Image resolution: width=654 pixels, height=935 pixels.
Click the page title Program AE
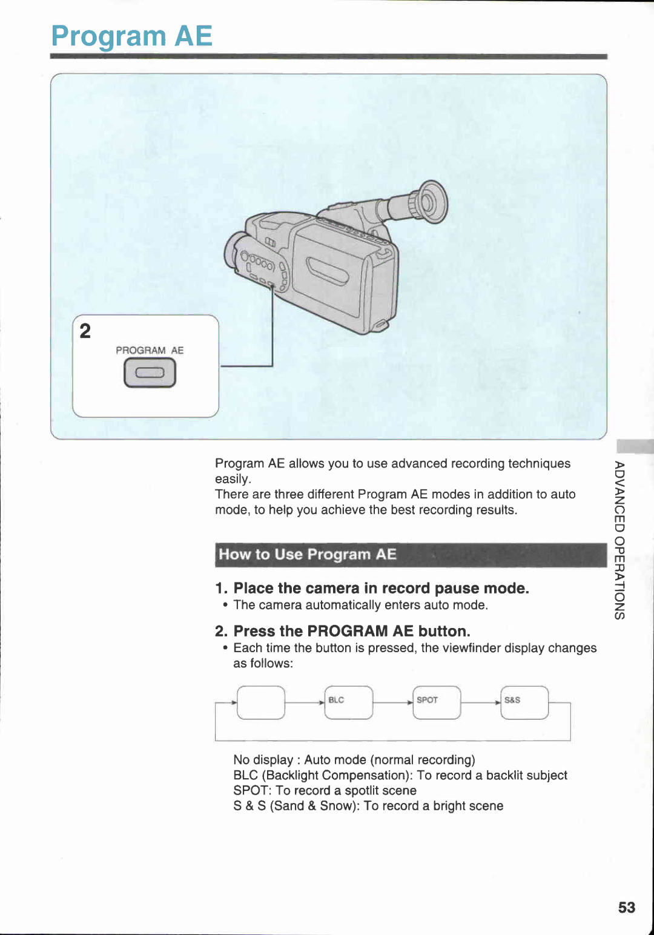tap(131, 36)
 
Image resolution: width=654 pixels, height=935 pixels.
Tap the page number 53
tap(626, 907)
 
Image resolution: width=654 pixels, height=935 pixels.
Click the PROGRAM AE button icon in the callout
tap(150, 373)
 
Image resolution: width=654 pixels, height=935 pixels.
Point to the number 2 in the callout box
tap(85, 331)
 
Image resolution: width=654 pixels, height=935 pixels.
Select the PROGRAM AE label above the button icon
tap(150, 351)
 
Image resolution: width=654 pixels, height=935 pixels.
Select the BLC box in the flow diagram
tap(349, 702)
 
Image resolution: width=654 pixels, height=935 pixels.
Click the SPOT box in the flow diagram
tap(437, 702)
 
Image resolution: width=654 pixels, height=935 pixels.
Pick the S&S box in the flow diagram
tap(524, 702)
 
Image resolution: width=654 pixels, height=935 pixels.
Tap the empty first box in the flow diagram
tap(261, 702)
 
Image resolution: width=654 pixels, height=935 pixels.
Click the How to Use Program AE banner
tap(410, 555)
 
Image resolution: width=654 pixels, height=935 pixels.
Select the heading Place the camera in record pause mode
tap(381, 589)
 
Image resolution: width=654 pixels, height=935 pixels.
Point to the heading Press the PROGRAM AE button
tap(351, 631)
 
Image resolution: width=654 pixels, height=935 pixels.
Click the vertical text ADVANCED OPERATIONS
tap(619, 540)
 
